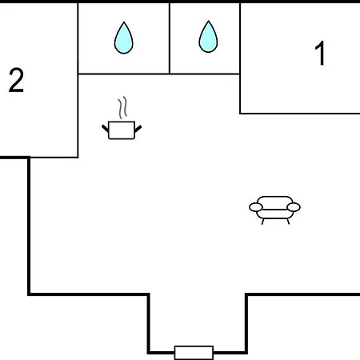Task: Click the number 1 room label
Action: point(320,53)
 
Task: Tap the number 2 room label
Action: point(16,80)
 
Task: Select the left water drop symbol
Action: point(124,38)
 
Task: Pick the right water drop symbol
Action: point(208,37)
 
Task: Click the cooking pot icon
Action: point(122,118)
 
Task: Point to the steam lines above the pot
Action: point(122,107)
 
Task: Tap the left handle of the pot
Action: point(106,129)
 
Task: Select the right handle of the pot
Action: point(138,129)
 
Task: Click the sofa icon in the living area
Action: point(274,210)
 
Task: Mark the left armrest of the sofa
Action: point(256,207)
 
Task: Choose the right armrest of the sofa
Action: point(294,207)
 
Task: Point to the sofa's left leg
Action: point(263,222)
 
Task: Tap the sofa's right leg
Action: point(288,222)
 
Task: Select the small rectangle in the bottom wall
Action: point(194,353)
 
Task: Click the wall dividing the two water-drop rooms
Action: point(170,38)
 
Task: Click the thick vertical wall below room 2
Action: point(29,226)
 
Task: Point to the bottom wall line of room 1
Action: point(300,114)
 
